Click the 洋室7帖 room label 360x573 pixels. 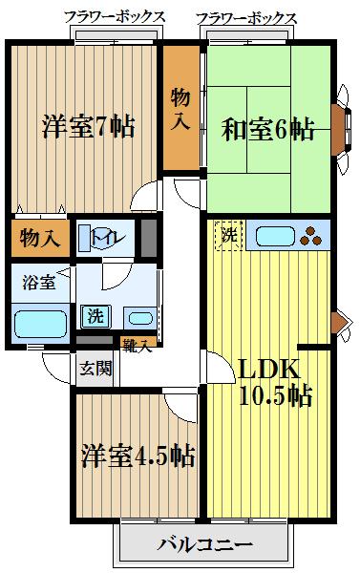(x=88, y=126)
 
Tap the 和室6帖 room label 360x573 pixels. (x=269, y=130)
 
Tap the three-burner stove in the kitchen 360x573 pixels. (x=312, y=234)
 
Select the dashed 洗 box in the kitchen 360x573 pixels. (x=228, y=234)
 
